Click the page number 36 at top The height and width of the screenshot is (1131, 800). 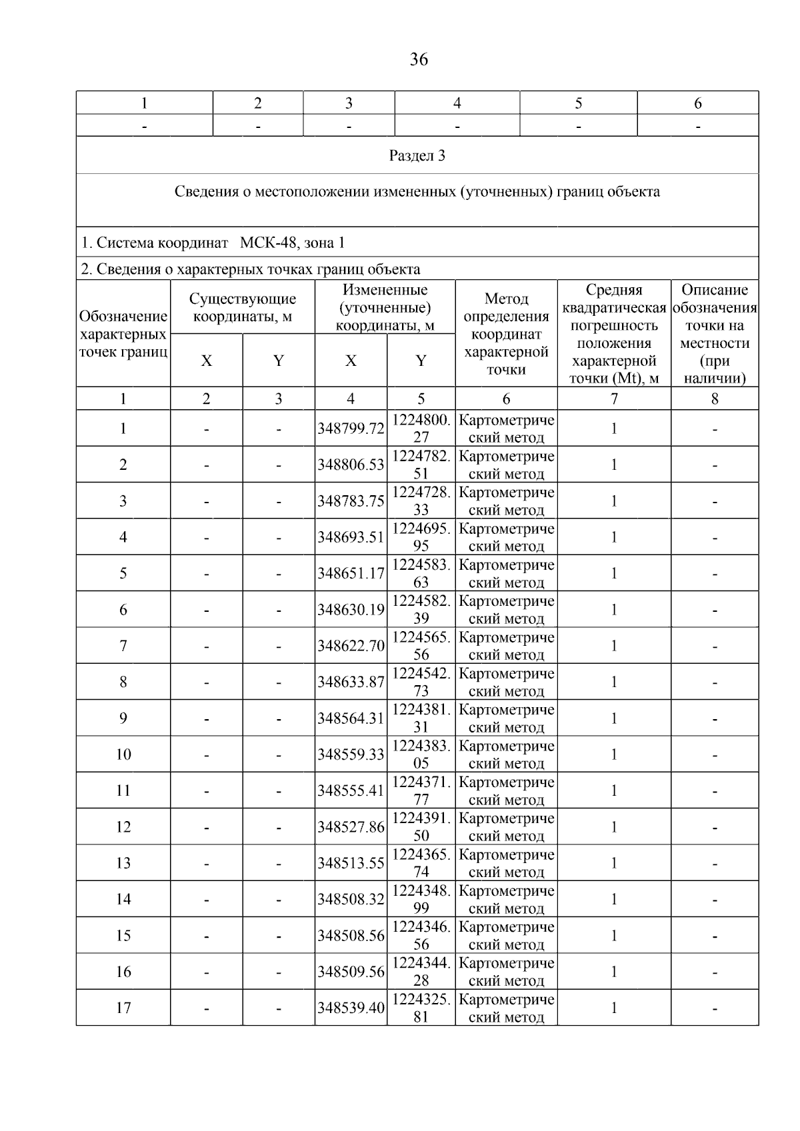click(418, 60)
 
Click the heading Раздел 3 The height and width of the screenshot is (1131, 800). click(417, 156)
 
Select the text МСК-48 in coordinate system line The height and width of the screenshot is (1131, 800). click(269, 243)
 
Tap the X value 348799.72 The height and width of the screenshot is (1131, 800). click(351, 429)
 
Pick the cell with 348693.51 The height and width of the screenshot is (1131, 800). click(351, 537)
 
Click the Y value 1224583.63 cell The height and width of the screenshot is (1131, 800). click(421, 573)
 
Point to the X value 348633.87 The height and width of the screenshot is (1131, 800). click(351, 682)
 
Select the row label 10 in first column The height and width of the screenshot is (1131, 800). click(123, 754)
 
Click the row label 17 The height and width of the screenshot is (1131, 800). click(123, 1008)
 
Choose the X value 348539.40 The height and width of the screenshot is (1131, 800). click(351, 1008)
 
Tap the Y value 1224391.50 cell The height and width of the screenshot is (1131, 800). click(421, 826)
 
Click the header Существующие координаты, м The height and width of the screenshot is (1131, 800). click(243, 308)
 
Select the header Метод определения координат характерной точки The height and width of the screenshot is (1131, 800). click(506, 334)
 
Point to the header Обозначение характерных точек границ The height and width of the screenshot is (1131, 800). click(123, 334)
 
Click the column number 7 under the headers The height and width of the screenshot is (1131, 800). click(614, 399)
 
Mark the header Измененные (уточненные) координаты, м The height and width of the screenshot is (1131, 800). click(385, 308)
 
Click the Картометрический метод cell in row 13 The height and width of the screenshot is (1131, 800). click(506, 863)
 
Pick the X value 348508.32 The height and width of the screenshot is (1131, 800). click(351, 899)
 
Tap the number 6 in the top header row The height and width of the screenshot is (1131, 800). click(697, 103)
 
